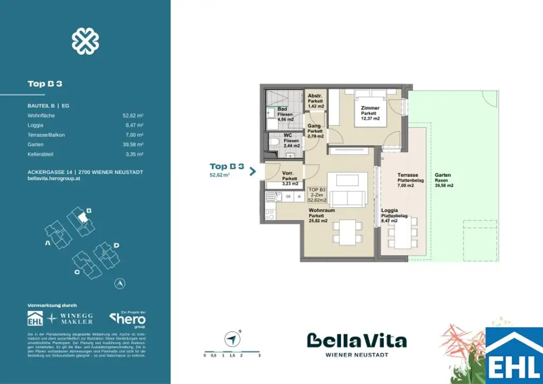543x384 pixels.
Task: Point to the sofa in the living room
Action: click(x=347, y=198)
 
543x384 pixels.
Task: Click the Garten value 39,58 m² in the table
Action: click(x=133, y=144)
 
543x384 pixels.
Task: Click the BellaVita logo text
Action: click(x=356, y=341)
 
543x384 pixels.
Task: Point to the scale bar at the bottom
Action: click(x=232, y=352)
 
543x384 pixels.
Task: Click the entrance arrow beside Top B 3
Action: click(x=253, y=171)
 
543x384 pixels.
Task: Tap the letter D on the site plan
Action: click(x=116, y=245)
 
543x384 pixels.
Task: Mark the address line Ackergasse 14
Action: click(x=85, y=172)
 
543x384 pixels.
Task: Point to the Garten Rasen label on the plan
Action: click(x=444, y=180)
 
